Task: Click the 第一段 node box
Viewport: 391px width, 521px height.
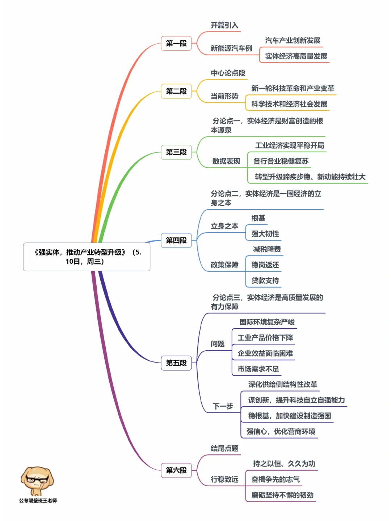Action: pos(176,43)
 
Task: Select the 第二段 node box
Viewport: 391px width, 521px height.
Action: pos(176,91)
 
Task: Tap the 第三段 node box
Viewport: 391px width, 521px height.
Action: pos(176,152)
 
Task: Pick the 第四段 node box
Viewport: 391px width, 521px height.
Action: pos(176,240)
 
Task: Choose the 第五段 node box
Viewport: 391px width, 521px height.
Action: pos(176,363)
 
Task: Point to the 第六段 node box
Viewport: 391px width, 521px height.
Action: pos(176,470)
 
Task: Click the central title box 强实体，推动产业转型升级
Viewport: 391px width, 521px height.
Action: pos(87,257)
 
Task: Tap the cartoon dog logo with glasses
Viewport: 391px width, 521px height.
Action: pos(37,480)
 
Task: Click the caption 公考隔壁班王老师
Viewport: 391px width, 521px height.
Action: pos(38,500)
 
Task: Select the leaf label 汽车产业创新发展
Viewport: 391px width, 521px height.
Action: pos(293,41)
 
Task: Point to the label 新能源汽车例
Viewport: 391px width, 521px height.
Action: pos(231,48)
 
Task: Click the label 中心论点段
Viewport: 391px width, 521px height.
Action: pos(228,73)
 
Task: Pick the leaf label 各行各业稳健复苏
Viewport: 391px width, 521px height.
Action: pos(281,161)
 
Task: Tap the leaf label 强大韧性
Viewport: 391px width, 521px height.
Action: pos(265,234)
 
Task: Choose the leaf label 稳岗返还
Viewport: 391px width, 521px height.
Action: pos(265,265)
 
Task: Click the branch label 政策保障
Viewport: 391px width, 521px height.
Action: pos(224,265)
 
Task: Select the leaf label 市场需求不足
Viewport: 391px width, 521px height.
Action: pos(258,369)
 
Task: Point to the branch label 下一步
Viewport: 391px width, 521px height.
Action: pos(223,406)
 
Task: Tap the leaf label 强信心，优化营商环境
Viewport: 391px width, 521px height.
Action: pos(281,431)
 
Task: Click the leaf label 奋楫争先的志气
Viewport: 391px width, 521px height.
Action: pos(276,479)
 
